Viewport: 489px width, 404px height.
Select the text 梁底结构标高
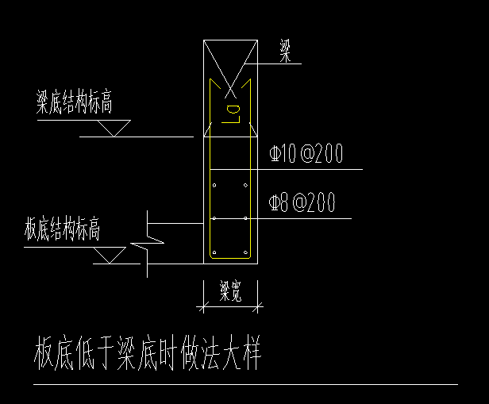(x=74, y=102)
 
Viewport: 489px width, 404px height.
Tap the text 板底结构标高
(x=62, y=230)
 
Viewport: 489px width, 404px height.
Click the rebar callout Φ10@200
(x=306, y=154)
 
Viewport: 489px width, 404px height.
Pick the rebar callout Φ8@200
(x=302, y=204)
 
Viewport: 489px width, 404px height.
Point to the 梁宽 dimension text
(x=231, y=293)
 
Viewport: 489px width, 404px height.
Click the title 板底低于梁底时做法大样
(x=148, y=353)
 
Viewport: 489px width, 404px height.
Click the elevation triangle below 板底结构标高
(x=109, y=256)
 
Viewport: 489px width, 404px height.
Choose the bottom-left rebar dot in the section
(x=214, y=252)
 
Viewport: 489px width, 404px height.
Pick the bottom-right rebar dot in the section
(x=246, y=252)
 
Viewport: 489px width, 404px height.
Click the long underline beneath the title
(x=245, y=385)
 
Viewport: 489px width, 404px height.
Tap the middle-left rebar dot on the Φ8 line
(x=214, y=218)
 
